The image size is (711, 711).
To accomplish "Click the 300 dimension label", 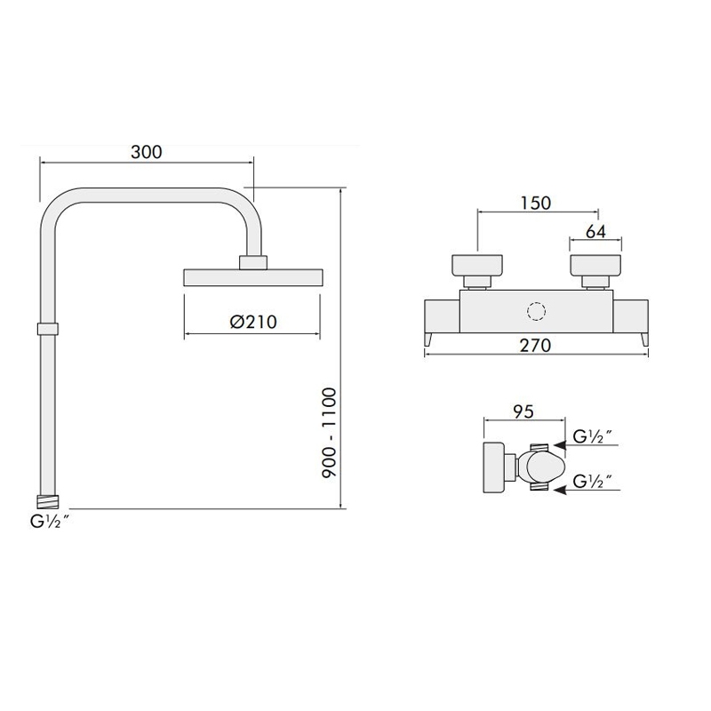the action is pyautogui.click(x=146, y=152).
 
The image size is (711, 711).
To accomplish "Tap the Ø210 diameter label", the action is pyautogui.click(x=253, y=322).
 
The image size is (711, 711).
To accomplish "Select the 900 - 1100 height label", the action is pyautogui.click(x=329, y=432).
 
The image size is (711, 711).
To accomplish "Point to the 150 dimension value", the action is pyautogui.click(x=536, y=203).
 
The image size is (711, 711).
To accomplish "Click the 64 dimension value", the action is pyautogui.click(x=595, y=232).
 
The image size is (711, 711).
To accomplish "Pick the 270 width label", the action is pyautogui.click(x=536, y=346).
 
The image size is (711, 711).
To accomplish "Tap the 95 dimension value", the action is pyautogui.click(x=523, y=411).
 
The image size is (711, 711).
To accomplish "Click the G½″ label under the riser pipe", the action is pyautogui.click(x=50, y=522).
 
